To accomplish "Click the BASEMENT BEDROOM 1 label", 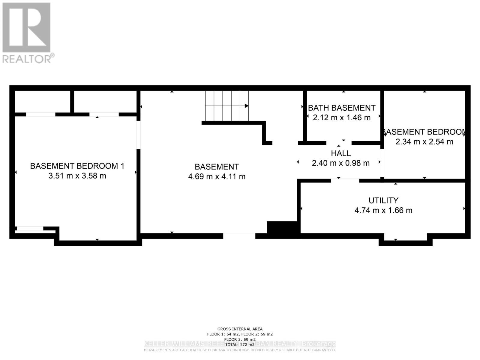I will point(77,166).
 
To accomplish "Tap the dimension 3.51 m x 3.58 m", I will point(77,176).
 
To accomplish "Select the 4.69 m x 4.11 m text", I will point(217,176).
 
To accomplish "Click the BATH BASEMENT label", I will point(342,108).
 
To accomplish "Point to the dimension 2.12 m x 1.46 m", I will point(342,118).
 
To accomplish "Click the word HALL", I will point(341,153).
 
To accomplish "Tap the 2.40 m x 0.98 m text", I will point(341,163).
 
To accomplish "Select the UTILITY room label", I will point(383,200).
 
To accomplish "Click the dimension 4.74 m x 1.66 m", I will point(383,210).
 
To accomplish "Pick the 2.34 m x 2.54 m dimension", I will point(424,142).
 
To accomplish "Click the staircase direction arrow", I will point(246,106).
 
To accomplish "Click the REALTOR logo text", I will point(28,58).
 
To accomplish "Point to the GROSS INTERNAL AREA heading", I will point(240,329).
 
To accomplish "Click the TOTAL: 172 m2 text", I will point(240,344).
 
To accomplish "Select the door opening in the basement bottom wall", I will point(239,236).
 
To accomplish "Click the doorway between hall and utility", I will point(345,181).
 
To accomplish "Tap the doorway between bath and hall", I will point(339,143).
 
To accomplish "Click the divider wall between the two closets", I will point(72,101).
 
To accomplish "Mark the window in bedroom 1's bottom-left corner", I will point(30,229).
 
